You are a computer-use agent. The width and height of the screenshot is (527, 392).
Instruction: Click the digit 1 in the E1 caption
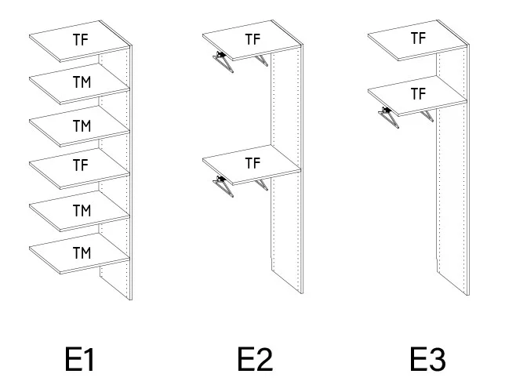pos(88,360)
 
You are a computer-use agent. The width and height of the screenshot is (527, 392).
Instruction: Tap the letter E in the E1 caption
pos(73,360)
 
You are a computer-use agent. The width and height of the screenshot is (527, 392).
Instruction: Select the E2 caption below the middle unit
pos(255,360)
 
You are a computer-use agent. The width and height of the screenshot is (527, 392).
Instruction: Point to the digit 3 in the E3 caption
pos(437,360)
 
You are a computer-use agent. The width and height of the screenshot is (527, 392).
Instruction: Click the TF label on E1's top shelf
pos(81,40)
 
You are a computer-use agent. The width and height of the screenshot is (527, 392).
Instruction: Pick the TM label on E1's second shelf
pos(82,82)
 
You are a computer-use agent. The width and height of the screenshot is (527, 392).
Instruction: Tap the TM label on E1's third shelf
pos(82,126)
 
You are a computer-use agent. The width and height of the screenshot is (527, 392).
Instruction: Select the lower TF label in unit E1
pos(81,165)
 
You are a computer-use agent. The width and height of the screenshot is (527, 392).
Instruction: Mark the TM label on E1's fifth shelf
pos(82,211)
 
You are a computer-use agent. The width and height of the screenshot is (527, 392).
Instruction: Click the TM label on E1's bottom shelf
pos(82,253)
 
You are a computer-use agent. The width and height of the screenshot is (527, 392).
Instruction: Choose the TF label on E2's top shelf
pos(253,39)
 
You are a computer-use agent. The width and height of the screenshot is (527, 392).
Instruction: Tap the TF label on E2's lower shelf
pos(253,163)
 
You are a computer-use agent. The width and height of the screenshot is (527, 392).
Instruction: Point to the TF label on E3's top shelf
pos(419,38)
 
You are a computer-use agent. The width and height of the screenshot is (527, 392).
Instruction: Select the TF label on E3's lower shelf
pos(419,94)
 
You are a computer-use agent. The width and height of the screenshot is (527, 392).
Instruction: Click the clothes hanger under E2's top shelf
pos(224,61)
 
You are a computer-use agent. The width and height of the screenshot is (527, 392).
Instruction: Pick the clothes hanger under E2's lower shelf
pos(224,187)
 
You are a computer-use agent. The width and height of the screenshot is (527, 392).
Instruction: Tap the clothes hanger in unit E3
pos(389,118)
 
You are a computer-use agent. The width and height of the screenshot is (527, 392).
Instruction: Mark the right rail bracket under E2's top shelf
pos(261,61)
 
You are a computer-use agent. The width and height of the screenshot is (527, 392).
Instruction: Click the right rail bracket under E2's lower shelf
pos(261,185)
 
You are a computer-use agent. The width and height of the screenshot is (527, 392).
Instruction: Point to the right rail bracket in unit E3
pos(427,116)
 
